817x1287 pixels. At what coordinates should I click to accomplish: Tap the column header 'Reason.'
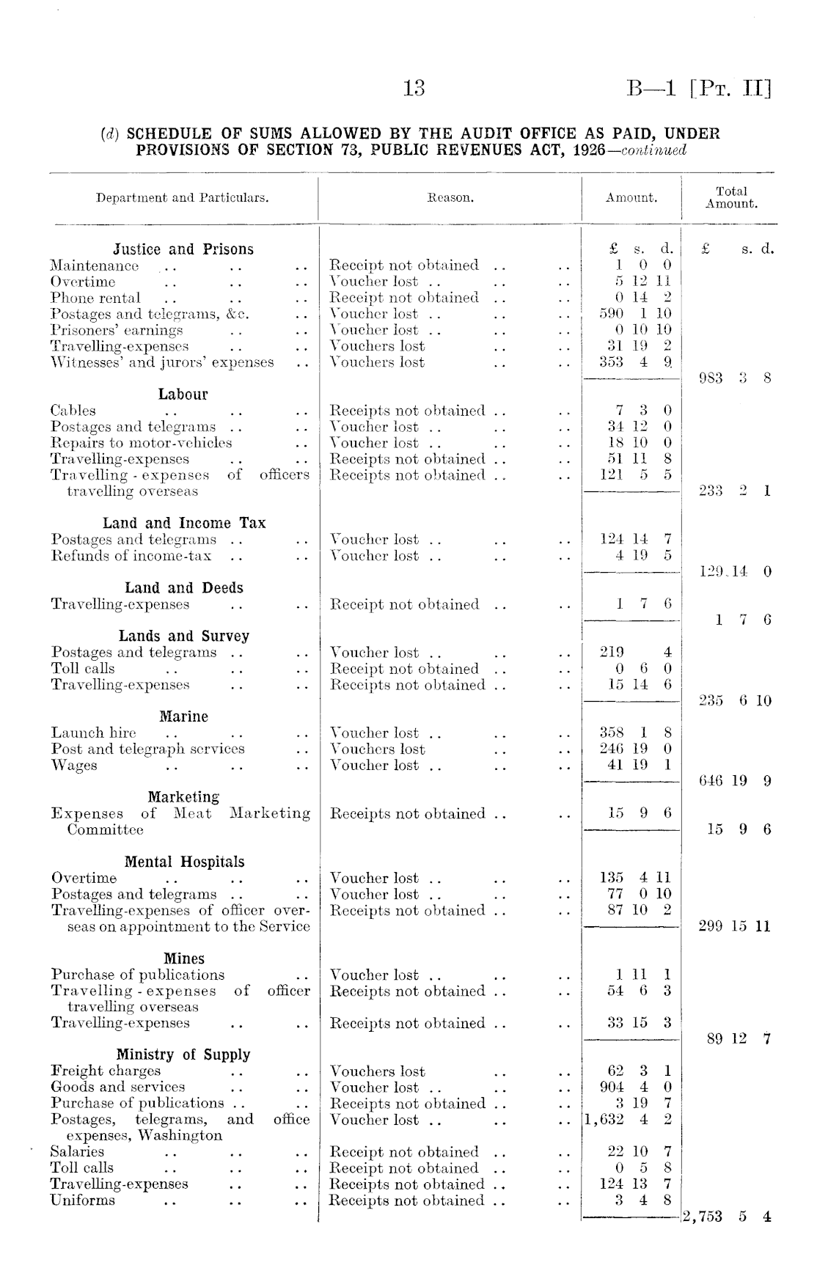(450, 197)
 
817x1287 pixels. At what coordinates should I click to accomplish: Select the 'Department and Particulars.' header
(183, 197)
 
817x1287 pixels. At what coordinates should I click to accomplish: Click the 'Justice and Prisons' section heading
(183, 249)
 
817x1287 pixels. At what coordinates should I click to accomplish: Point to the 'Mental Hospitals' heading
(184, 862)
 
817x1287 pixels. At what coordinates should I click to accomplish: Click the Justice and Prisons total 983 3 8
(734, 378)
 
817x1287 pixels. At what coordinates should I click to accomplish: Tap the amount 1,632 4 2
(629, 1120)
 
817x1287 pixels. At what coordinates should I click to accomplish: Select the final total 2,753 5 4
(727, 1217)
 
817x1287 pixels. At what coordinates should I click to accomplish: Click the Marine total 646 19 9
(734, 781)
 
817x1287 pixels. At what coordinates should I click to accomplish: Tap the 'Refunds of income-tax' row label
(131, 556)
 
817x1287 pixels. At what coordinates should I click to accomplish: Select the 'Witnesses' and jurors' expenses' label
(162, 362)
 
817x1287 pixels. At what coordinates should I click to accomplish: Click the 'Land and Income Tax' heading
(184, 523)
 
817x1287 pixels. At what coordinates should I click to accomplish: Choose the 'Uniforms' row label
(83, 1200)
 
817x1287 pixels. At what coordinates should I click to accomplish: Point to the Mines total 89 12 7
(739, 1038)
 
